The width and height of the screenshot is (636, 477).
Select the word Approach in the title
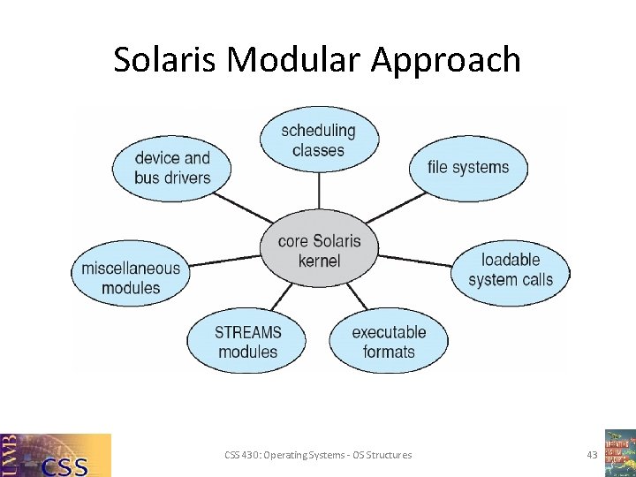pyautogui.click(x=446, y=60)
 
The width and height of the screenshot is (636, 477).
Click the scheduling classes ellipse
pyautogui.click(x=319, y=140)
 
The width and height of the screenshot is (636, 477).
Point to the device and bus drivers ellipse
pyautogui.click(x=172, y=168)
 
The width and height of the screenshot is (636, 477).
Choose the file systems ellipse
pyautogui.click(x=468, y=167)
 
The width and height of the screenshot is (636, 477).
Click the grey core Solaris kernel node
pyautogui.click(x=319, y=250)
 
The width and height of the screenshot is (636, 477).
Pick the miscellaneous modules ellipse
pyautogui.click(x=131, y=277)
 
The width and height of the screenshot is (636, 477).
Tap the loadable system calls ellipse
pyautogui.click(x=511, y=269)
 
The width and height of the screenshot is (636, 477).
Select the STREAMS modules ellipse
pyautogui.click(x=247, y=342)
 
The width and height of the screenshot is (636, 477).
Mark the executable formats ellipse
pyautogui.click(x=389, y=342)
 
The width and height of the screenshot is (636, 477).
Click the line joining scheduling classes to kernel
pyautogui.click(x=319, y=193)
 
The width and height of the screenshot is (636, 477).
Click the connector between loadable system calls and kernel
pyautogui.click(x=415, y=261)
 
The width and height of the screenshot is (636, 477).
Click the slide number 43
pyautogui.click(x=592, y=455)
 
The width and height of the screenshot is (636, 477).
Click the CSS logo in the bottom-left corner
pyautogui.click(x=56, y=455)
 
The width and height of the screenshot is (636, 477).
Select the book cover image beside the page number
pyautogui.click(x=619, y=452)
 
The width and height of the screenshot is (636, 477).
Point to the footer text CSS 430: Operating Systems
pyautogui.click(x=318, y=455)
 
